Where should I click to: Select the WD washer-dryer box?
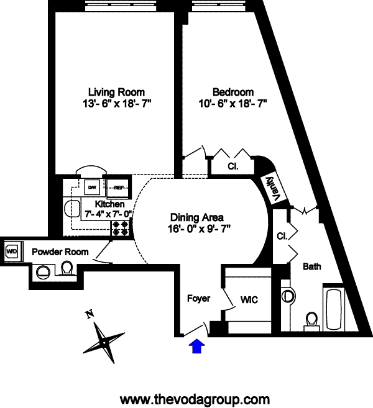tap(12, 252)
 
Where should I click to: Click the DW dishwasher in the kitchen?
tap(92, 187)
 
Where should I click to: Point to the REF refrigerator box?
tap(116, 187)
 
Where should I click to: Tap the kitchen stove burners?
tap(119, 229)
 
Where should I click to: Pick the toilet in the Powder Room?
tap(68, 268)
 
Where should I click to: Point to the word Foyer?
tap(198, 299)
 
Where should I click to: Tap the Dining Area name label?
tap(197, 217)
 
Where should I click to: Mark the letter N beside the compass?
tap(90, 314)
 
